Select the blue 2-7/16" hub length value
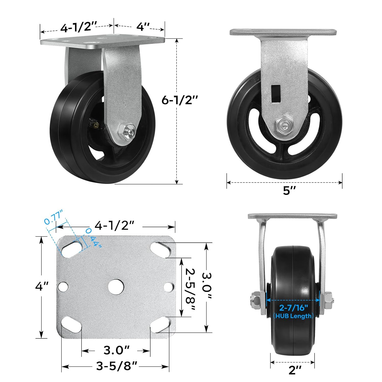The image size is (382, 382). pos(294,308)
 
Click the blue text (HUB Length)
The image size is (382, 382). pos(293,316)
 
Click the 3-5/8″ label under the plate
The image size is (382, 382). pos(117,366)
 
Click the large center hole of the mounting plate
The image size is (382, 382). pos(116,287)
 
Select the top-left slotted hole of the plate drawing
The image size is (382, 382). pos(72,249)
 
